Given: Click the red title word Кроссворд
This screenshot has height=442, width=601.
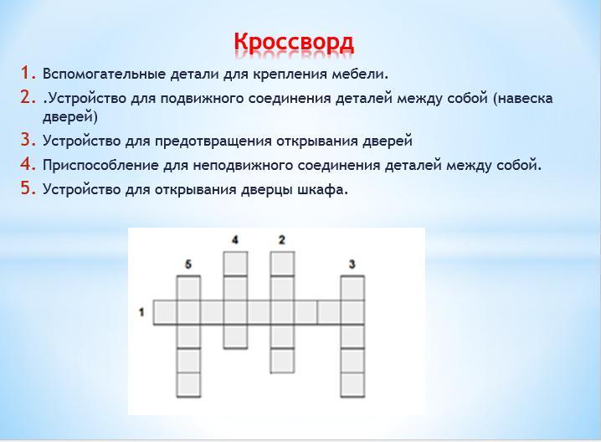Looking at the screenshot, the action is point(294,43).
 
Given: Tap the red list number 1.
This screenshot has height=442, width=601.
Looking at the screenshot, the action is point(28,73).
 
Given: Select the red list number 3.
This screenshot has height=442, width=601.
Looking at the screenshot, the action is point(28,140).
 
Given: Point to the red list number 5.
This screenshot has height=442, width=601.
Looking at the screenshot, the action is point(28,188).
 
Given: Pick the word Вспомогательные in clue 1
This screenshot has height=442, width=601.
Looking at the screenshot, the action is point(104,74).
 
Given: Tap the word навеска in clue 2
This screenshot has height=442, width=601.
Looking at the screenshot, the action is point(523,99).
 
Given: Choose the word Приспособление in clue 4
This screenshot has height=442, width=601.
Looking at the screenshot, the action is point(100,166).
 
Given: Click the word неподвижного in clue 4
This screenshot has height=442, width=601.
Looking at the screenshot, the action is point(243,166).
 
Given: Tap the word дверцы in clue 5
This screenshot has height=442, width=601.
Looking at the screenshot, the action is point(266,190).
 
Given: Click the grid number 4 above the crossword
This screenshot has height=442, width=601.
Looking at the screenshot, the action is point(235,240).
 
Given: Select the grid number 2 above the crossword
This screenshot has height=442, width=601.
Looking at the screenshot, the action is point(282,240).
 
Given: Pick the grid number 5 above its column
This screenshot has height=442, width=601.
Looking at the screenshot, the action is point(188,265).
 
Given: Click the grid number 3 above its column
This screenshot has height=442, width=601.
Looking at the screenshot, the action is point(352,265).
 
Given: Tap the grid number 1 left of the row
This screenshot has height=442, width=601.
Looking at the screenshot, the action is point(141,312).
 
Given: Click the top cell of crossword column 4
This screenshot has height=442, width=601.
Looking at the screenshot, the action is point(235,264).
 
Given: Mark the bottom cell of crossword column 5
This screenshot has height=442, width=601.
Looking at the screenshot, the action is point(188,384).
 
